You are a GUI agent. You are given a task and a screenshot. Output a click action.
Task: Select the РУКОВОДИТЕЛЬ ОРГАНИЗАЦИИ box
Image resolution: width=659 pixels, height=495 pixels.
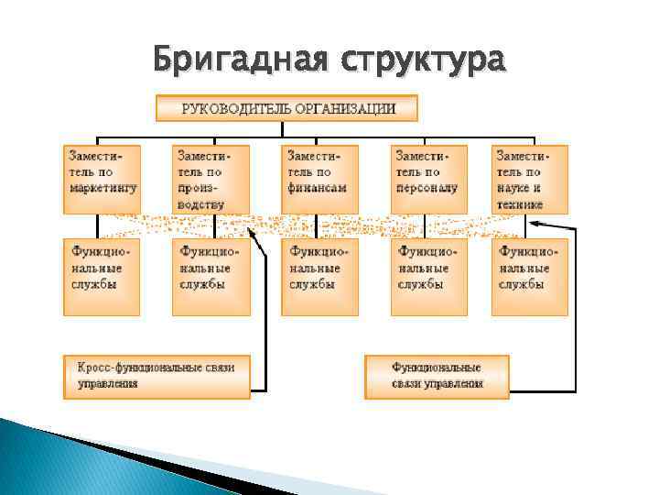pos(286,108)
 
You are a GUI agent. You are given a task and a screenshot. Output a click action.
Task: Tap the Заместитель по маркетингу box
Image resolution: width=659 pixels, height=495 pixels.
pos(102,179)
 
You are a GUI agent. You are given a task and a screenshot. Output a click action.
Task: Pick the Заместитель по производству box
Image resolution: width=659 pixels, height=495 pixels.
pos(211,179)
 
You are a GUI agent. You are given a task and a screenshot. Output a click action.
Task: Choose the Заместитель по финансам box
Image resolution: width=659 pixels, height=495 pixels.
pos(319,179)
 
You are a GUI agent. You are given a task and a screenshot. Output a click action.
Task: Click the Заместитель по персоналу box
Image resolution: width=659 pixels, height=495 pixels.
pos(428,179)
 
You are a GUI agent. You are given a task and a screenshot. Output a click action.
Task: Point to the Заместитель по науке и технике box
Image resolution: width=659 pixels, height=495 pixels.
pos(529,179)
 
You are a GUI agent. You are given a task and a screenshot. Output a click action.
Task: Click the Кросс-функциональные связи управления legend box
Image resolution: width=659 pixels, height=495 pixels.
pos(157,376)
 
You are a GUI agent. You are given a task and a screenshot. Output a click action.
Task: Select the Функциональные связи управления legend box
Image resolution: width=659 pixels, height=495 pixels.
pos(437,376)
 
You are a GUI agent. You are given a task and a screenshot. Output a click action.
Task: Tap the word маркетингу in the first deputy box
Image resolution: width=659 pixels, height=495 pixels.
pos(103,187)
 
